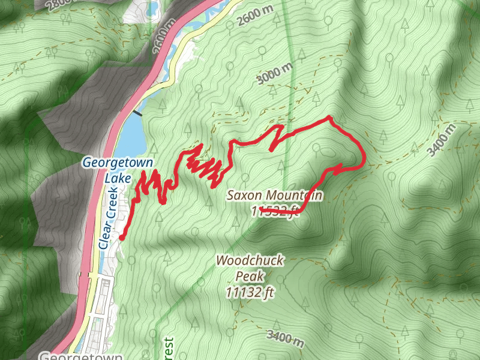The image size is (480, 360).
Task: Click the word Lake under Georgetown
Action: tap(117, 178)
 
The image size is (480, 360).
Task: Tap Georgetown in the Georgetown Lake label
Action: tap(117, 163)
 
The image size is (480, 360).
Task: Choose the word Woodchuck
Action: tap(250, 261)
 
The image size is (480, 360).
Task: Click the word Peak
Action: tap(249, 277)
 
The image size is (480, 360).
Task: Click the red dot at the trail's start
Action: tap(122, 238)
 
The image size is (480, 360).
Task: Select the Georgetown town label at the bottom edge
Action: tap(80, 355)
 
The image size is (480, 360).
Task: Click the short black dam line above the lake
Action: tap(139, 112)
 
